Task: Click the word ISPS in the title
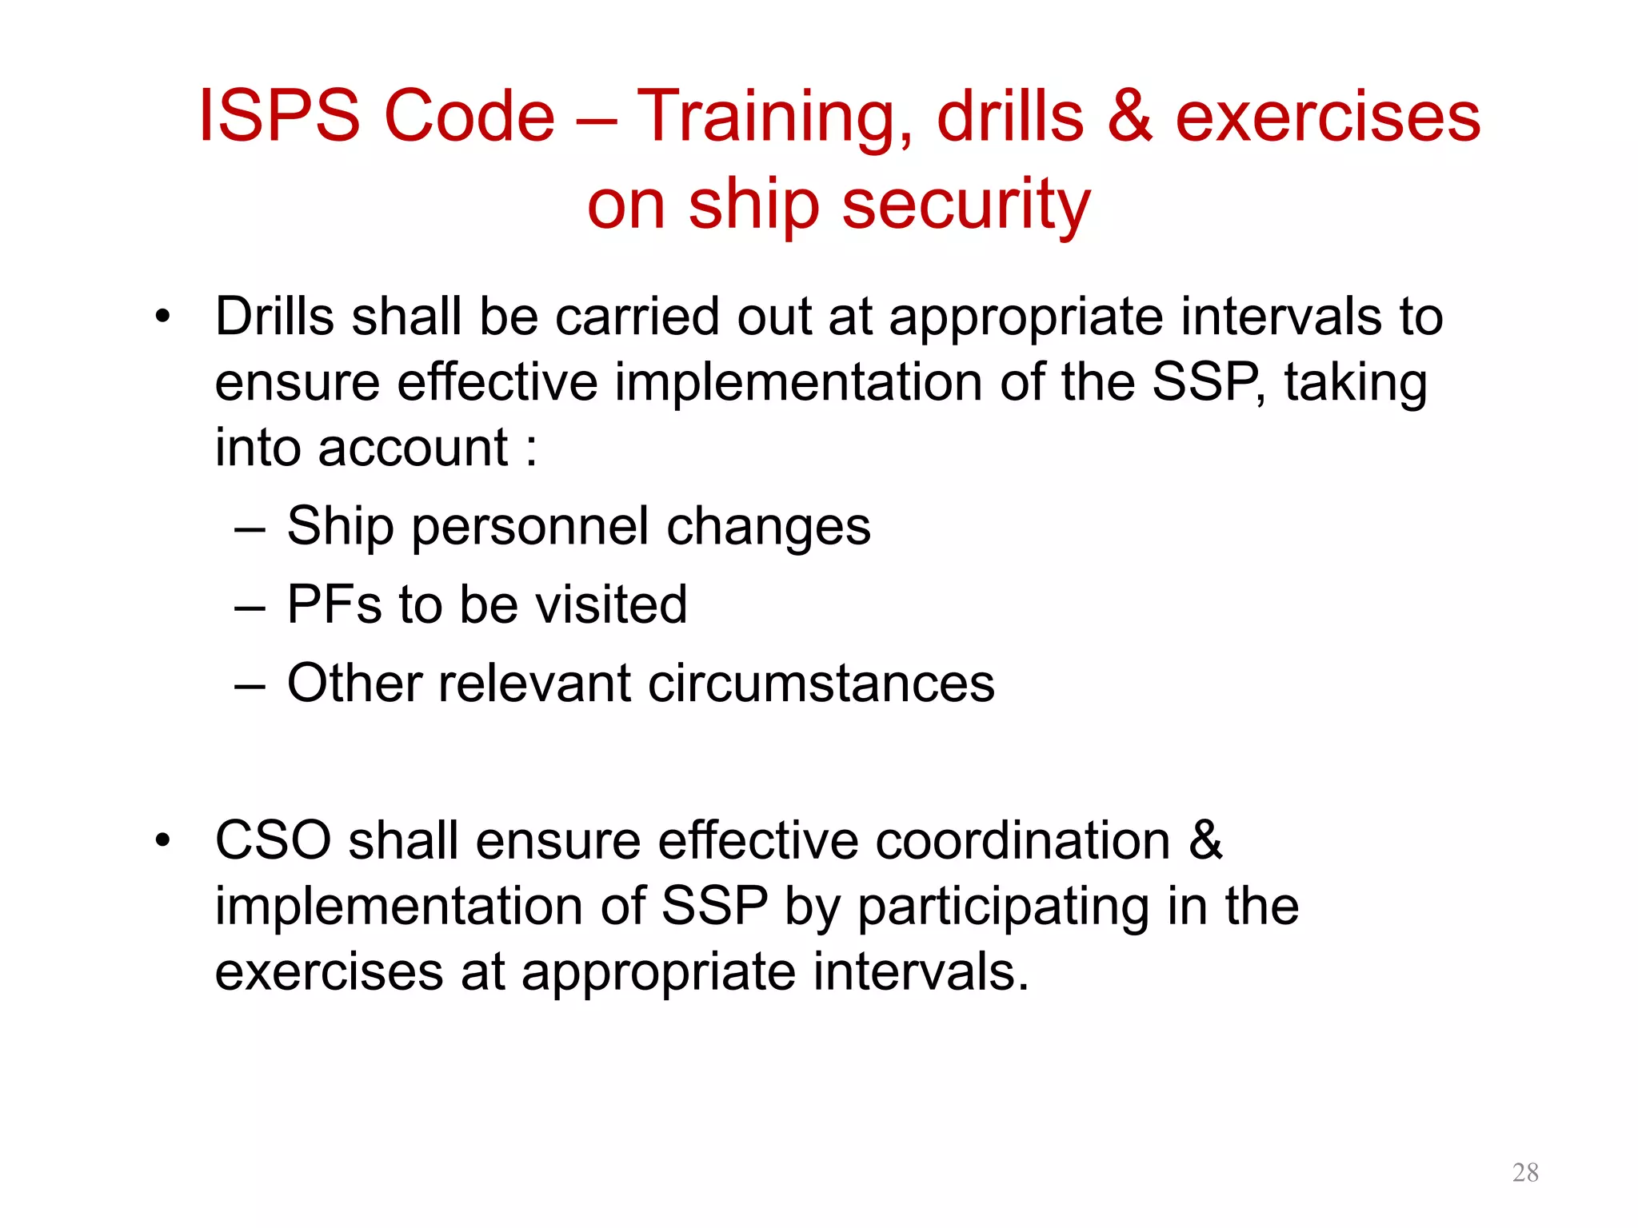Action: pyautogui.click(x=279, y=117)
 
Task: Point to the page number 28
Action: pyautogui.click(x=1525, y=1172)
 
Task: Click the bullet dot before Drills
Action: pyautogui.click(x=163, y=317)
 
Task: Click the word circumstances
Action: pyautogui.click(x=821, y=684)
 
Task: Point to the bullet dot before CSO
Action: pyautogui.click(x=163, y=841)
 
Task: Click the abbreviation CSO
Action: pyautogui.click(x=273, y=841)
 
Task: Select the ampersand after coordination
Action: pyautogui.click(x=1205, y=841)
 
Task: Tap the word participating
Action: pyautogui.click(x=1004, y=908)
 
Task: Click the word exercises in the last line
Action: pyautogui.click(x=329, y=973)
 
